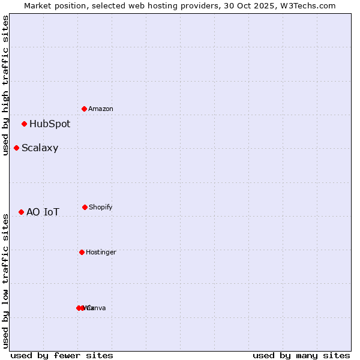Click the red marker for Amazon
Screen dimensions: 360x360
point(85,109)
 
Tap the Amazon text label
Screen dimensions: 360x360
point(101,109)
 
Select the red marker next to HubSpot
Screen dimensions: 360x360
point(25,124)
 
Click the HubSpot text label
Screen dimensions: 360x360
point(50,124)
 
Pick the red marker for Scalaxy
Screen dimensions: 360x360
point(17,148)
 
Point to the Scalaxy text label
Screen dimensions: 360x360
point(40,148)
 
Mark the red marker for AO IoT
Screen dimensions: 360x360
point(22,212)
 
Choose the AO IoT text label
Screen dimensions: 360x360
point(43,212)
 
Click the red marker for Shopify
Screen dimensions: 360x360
point(85,207)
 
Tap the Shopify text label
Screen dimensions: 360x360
point(101,208)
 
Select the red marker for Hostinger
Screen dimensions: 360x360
point(82,252)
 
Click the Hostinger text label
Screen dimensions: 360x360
point(101,253)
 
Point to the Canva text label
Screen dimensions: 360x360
point(96,308)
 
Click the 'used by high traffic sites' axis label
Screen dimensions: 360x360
point(6,85)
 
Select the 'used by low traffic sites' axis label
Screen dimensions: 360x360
point(6,280)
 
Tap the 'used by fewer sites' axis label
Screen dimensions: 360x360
point(62,355)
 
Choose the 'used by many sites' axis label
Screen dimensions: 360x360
point(301,355)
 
